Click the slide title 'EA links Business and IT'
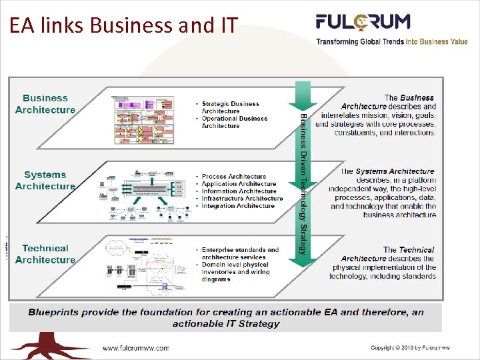(x=123, y=25)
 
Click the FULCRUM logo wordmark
(x=363, y=22)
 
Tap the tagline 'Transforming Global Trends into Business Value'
(x=391, y=41)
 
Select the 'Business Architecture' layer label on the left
(x=45, y=104)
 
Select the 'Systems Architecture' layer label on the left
(x=45, y=181)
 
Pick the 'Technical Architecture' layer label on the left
(x=45, y=254)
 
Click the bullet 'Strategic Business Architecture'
(x=230, y=107)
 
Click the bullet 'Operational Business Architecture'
(x=234, y=122)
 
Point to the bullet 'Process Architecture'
(x=233, y=177)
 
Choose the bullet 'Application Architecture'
(x=238, y=184)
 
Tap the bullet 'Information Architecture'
(x=239, y=191)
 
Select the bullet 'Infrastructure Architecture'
(x=242, y=199)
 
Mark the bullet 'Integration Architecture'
(x=238, y=206)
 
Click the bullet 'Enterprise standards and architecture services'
(x=239, y=253)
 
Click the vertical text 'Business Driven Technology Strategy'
(x=303, y=183)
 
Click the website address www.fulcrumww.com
(x=135, y=348)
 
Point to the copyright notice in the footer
(x=419, y=348)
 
